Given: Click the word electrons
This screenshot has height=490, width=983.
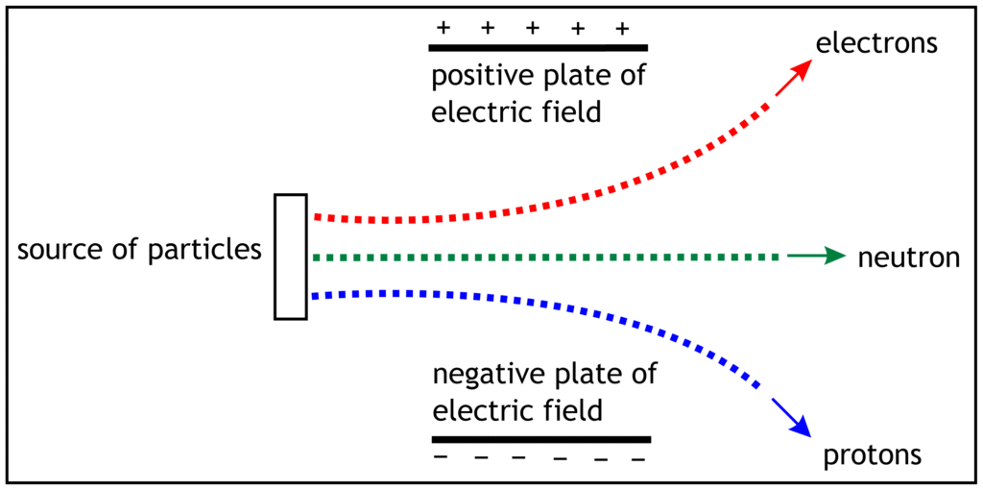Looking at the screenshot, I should coord(875,43).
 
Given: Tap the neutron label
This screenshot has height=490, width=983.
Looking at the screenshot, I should coord(909,257).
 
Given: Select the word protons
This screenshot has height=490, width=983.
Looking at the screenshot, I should coord(872,453).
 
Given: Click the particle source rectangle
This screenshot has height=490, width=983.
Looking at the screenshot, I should coord(290,256).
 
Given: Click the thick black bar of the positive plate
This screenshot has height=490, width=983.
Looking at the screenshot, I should coord(538,47).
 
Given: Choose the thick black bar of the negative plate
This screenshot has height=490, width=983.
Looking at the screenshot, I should coord(541,439).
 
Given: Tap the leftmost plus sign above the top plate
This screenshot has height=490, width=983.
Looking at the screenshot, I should coord(443,27).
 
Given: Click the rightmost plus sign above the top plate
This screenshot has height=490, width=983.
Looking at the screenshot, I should coord(622,27).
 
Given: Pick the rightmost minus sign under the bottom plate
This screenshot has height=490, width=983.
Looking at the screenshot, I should coord(637,459).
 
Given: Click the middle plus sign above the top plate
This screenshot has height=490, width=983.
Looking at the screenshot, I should coord(533,27).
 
